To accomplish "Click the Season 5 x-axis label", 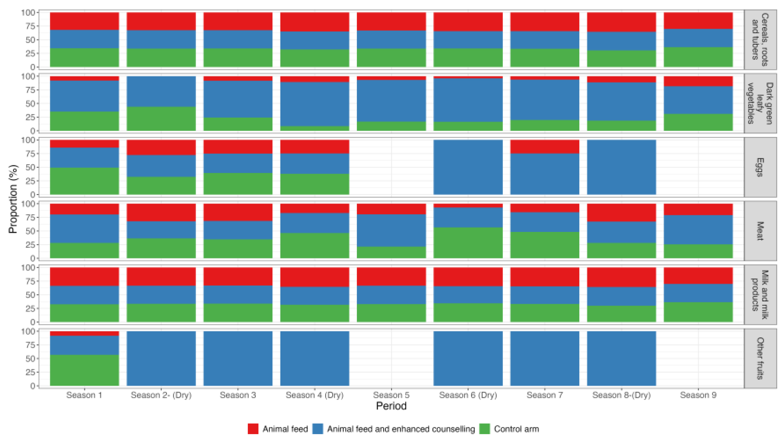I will pos(391,395).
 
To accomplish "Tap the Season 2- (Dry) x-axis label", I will pos(161,395).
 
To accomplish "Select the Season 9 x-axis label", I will pos(698,395).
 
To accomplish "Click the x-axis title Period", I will pos(391,406).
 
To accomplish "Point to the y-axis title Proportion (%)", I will pos(13,199).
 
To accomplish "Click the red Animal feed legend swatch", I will pos(253,429).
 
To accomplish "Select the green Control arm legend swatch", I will pos(484,429).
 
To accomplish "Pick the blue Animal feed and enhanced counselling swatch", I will pos(318,429).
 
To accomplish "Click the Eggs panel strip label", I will pos(760,167).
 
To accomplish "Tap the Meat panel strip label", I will pos(760,231).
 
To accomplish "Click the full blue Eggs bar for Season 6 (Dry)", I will pos(468,167).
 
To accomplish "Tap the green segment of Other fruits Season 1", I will pos(84,370).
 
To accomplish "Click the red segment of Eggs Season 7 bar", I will pos(544,147).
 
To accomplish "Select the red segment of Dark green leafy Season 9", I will pos(698,81).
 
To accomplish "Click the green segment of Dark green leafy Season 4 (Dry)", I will pos(314,129).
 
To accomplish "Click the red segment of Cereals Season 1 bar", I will pos(84,21).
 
